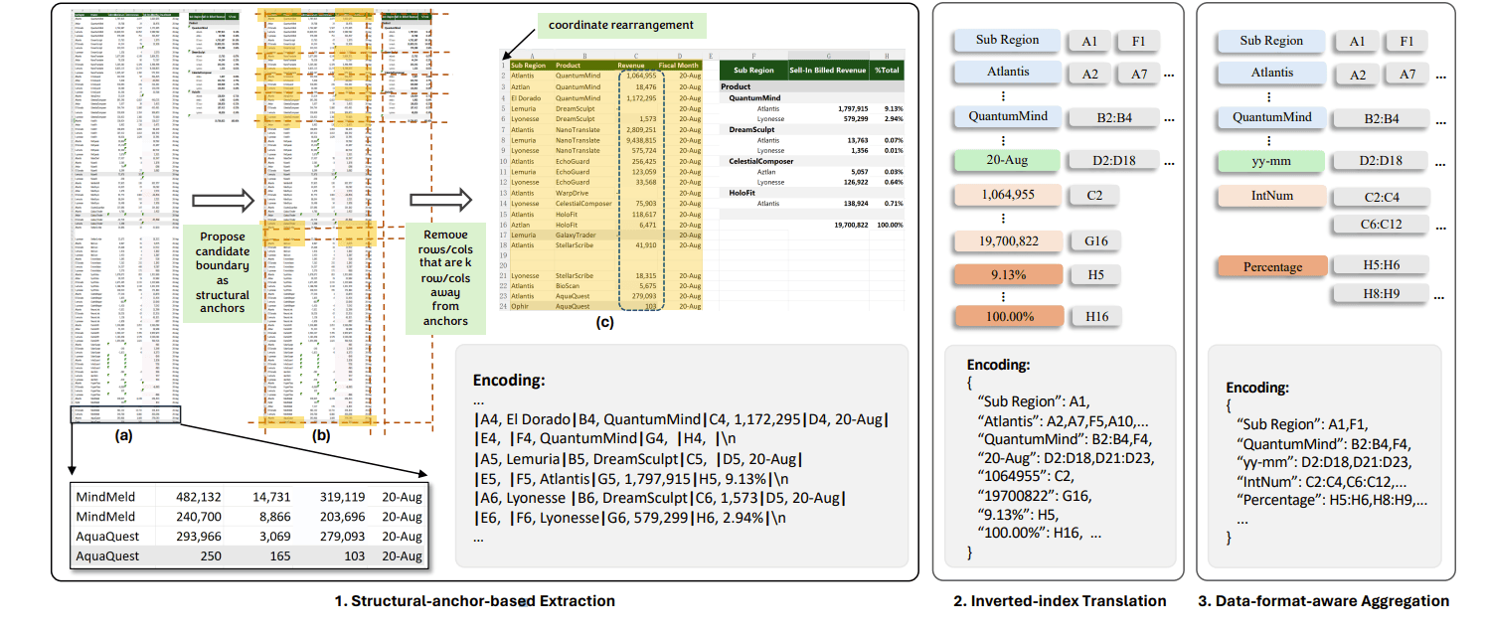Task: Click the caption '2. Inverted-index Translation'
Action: (1059, 601)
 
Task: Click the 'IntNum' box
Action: (1269, 196)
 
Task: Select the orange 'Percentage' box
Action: (1272, 267)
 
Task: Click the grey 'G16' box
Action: (1096, 240)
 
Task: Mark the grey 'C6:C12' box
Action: (1382, 225)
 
